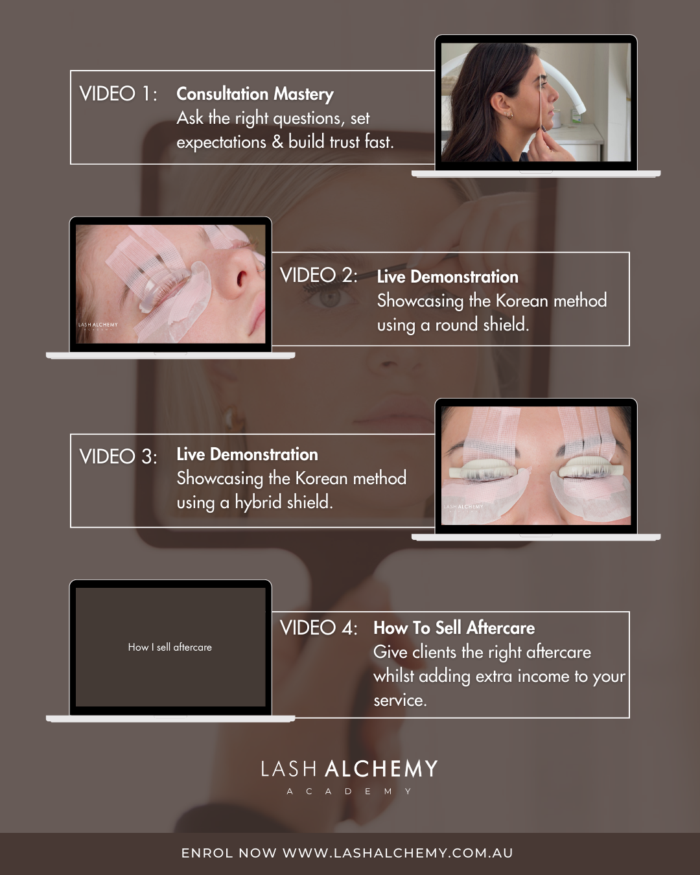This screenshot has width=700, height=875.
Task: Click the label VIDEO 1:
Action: coord(118,94)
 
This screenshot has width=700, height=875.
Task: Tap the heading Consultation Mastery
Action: coord(255,95)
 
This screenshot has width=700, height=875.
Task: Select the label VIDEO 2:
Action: coord(318,275)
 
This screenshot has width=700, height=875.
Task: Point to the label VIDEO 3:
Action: coord(118,456)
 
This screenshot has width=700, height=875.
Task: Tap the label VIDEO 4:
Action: coord(318,628)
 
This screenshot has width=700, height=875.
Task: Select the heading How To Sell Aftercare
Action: coord(454,628)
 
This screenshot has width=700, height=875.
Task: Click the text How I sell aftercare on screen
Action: coord(170,647)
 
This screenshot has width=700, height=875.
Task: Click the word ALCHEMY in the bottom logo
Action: coord(381,769)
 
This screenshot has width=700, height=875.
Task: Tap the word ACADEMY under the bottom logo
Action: coord(349,791)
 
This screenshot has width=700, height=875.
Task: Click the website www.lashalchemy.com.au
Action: coord(398,852)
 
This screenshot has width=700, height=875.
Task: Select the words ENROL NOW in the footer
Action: coord(229,852)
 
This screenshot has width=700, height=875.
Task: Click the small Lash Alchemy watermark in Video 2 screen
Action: coord(98,326)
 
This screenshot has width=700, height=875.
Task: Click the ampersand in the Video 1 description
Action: coord(277,143)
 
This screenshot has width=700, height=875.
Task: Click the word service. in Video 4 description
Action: coord(401,701)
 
